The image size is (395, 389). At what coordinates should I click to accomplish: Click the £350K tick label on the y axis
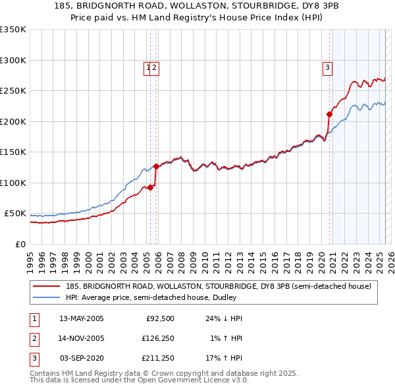tap(13, 30)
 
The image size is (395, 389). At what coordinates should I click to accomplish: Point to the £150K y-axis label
tap(13, 152)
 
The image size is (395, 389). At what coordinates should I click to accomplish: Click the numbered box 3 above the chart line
tap(327, 66)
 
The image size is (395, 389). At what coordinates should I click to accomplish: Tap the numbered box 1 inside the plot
tap(149, 66)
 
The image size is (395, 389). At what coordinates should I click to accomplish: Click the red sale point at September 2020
tap(329, 114)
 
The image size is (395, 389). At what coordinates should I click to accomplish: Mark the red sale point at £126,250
tap(156, 167)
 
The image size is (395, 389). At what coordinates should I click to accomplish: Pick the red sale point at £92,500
tap(150, 187)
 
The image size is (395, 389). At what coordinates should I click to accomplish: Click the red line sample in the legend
tap(47, 286)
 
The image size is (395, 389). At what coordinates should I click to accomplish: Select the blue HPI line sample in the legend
tap(47, 297)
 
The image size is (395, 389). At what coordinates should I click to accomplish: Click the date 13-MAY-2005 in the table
tap(81, 318)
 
